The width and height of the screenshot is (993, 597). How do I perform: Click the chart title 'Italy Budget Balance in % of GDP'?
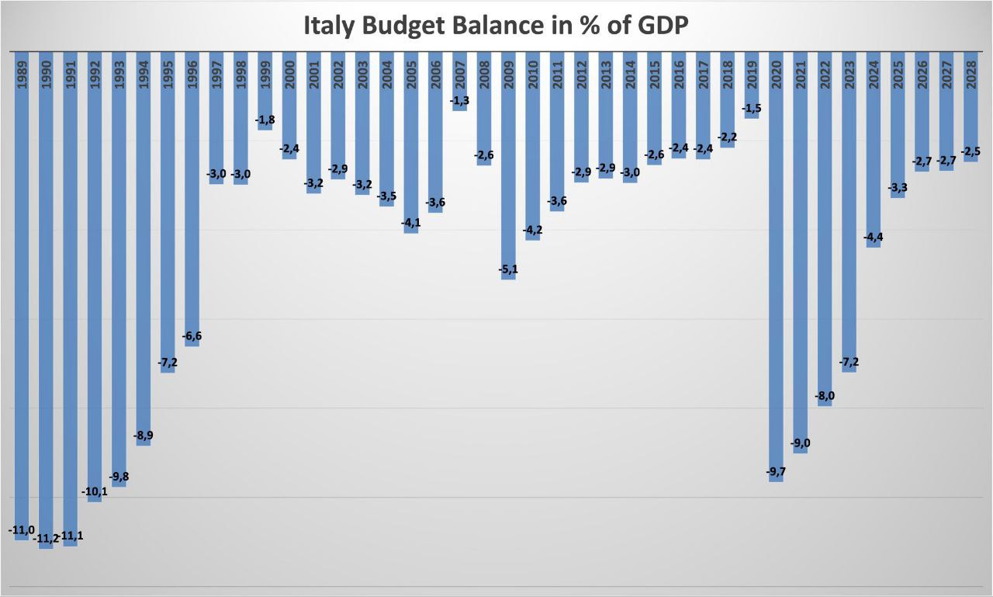click(496, 26)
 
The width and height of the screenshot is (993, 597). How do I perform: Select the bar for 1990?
click(46, 311)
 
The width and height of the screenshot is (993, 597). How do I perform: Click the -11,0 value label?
click(21, 530)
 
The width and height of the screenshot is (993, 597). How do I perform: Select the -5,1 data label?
click(508, 269)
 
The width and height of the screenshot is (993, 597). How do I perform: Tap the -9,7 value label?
click(776, 472)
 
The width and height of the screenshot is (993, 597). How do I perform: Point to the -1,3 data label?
click(459, 100)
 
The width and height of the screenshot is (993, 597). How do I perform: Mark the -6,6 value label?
click(192, 336)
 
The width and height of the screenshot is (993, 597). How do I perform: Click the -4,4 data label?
click(874, 237)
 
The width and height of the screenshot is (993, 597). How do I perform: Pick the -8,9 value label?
click(143, 436)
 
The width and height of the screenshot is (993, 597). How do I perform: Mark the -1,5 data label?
click(752, 108)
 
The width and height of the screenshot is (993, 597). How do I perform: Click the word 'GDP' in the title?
click(662, 26)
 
